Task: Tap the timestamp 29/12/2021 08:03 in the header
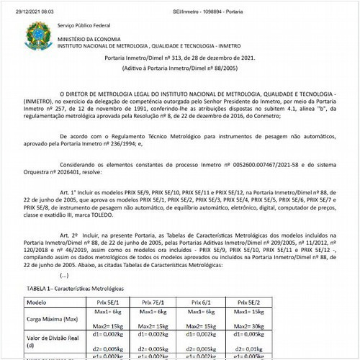tap(22, 4)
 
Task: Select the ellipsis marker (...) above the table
tap(66, 274)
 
